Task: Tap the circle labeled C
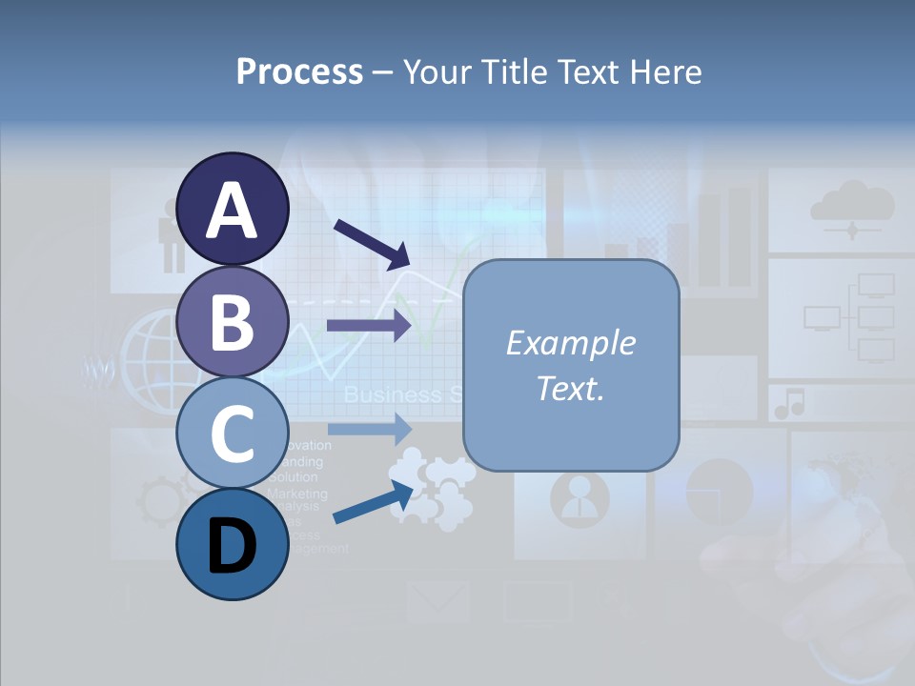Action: pyautogui.click(x=232, y=434)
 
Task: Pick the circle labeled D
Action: pyautogui.click(x=232, y=544)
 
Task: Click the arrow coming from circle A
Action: pyautogui.click(x=371, y=243)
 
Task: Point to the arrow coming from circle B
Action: pyautogui.click(x=369, y=326)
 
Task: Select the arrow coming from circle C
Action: pyautogui.click(x=369, y=429)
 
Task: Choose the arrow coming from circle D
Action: pyautogui.click(x=373, y=502)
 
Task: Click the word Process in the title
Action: pyautogui.click(x=299, y=72)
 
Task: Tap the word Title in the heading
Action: pyautogui.click(x=516, y=72)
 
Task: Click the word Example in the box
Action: pyautogui.click(x=570, y=343)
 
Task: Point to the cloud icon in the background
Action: pyautogui.click(x=851, y=206)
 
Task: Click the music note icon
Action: pyautogui.click(x=789, y=404)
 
